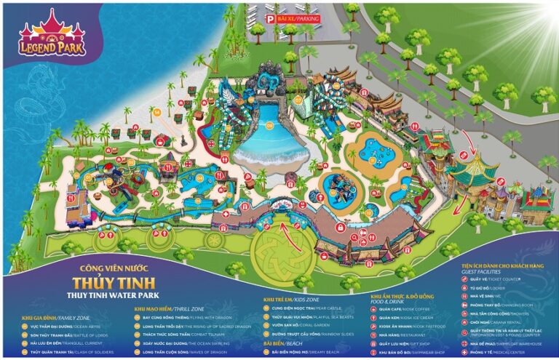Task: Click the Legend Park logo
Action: tap(52, 37)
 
